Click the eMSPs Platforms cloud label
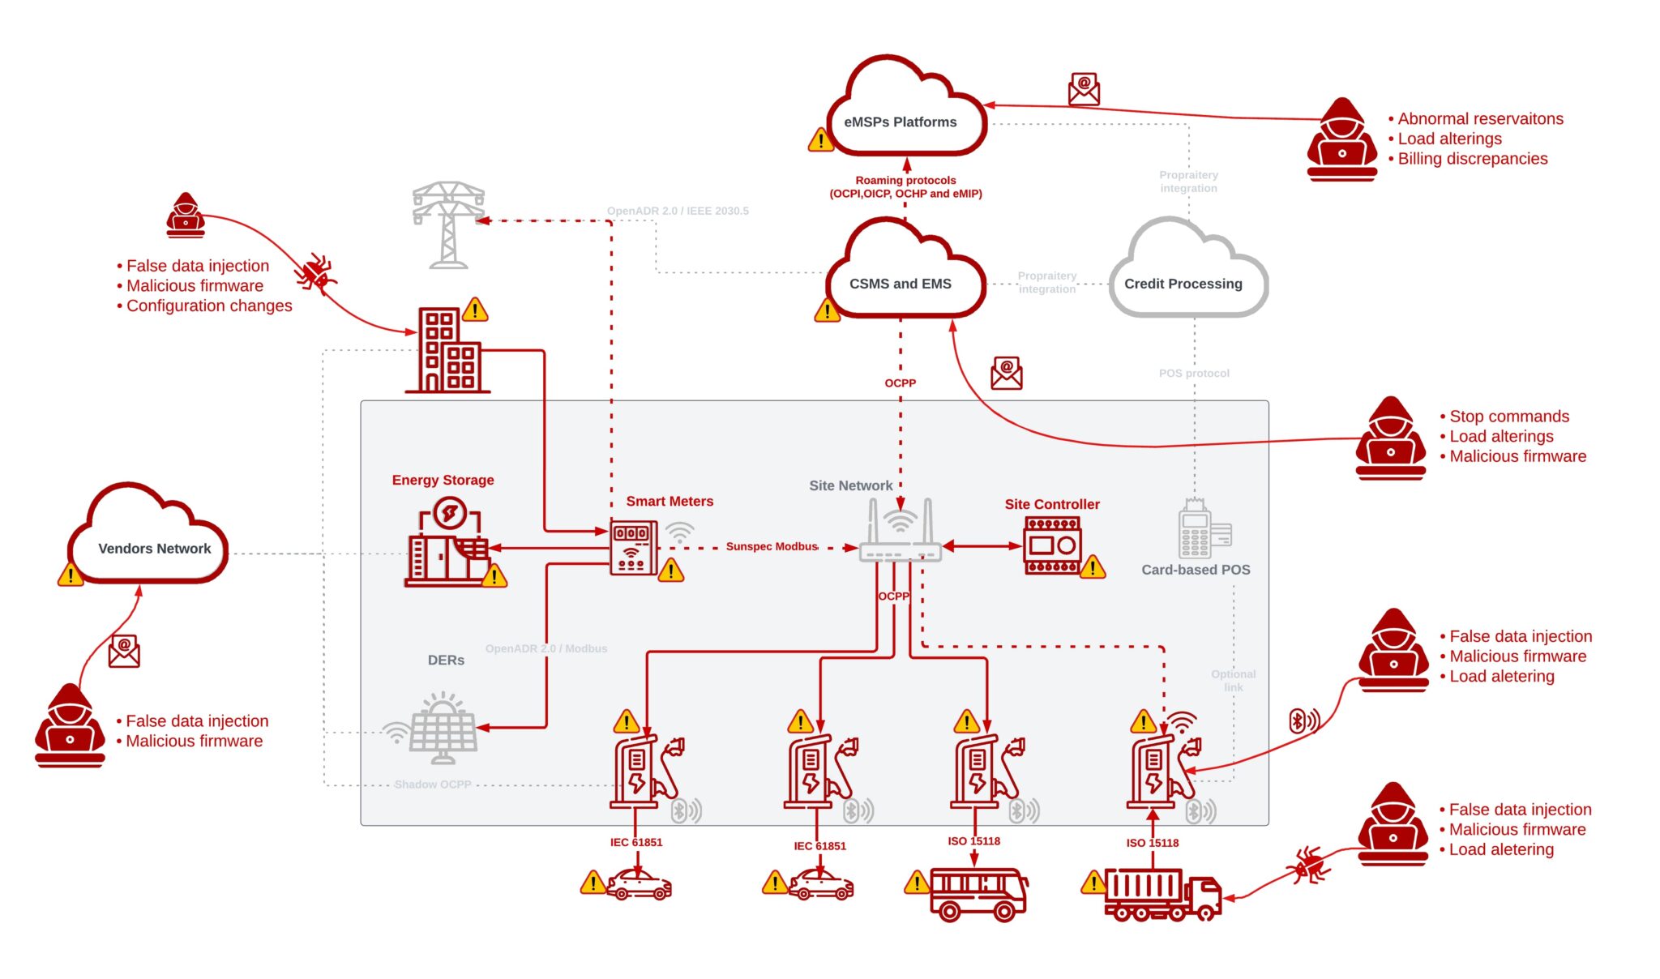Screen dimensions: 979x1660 pos(900,122)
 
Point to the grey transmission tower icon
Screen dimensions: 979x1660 pos(447,224)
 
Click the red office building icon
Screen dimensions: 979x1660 pos(448,350)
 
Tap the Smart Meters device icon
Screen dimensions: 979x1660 pos(633,547)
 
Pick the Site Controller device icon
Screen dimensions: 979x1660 pos(1052,545)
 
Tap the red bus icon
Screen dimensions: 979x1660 pos(978,894)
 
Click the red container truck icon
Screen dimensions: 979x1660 pos(1162,895)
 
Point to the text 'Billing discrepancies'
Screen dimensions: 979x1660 pos(1472,159)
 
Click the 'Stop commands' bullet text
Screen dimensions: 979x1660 pos(1508,417)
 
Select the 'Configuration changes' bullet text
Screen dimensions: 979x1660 pos(209,306)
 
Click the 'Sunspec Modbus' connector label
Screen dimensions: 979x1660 pos(772,546)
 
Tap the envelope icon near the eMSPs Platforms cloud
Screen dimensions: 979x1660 pos(1084,89)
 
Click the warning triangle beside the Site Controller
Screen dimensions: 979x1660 pos(1093,567)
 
